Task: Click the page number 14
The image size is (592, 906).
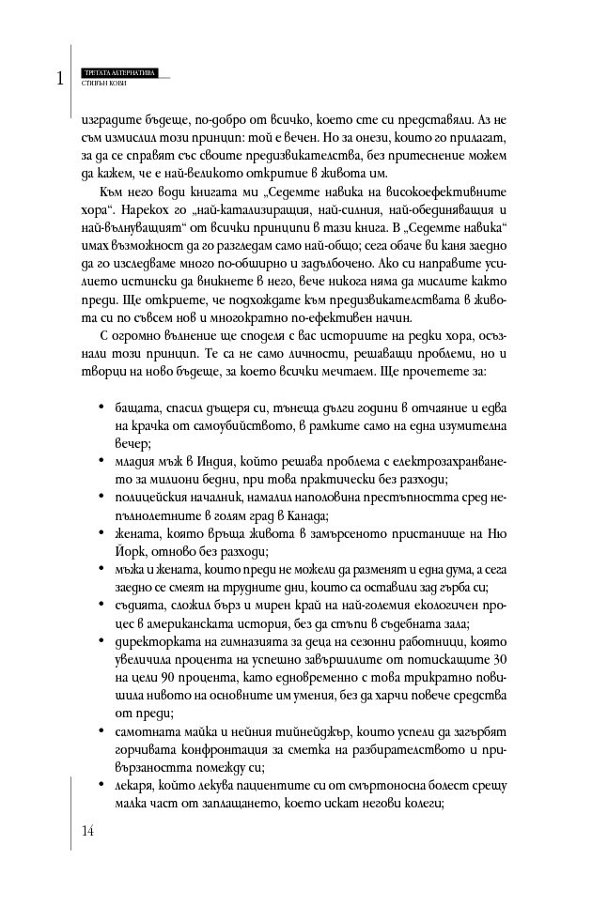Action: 88,830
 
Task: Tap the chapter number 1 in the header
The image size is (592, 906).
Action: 59,79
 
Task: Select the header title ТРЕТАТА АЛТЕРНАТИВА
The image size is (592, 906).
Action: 119,71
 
